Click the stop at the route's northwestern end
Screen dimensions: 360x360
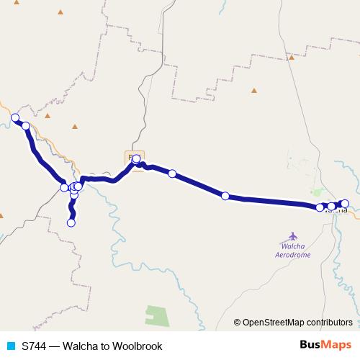14,117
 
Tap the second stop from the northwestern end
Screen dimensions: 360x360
26,126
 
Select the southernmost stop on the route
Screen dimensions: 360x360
71,222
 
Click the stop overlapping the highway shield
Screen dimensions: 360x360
136,158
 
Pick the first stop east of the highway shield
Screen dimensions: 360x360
172,174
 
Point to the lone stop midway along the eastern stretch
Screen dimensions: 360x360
225,196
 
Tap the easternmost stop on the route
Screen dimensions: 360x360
345,203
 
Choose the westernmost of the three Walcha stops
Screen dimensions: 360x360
320,207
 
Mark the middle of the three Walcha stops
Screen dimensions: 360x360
331,206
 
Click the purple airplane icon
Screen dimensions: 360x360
293,235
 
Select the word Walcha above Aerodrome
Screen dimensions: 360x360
293,246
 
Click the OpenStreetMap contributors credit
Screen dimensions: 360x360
297,323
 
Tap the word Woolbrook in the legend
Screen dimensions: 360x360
138,346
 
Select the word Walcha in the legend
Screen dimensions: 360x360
81,346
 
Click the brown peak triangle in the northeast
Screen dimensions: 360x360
253,91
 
